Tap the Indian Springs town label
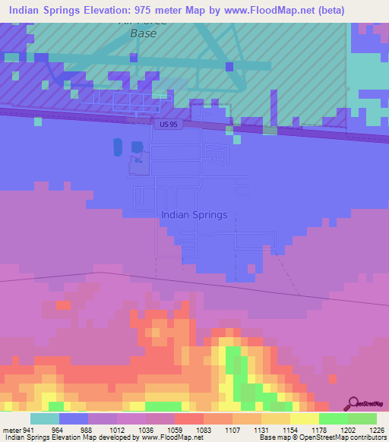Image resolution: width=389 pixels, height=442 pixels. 194,215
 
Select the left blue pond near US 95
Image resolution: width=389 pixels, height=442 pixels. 117,146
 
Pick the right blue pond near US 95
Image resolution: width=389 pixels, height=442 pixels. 137,147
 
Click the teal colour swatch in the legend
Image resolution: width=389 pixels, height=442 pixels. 45,419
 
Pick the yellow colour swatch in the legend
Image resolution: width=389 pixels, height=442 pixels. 304,419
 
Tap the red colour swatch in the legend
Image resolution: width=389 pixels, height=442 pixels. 188,419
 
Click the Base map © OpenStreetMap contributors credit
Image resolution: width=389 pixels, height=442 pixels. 321,437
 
